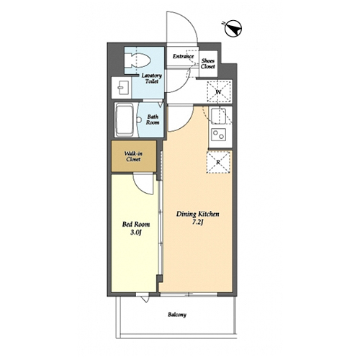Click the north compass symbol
233,29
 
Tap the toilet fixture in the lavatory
140,60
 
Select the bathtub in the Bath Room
125,120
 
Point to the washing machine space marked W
218,92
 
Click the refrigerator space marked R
218,162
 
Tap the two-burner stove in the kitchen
219,135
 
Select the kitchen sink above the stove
218,116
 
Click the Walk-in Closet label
133,156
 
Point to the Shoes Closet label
208,63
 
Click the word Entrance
183,56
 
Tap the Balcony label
177,315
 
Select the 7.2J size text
197,222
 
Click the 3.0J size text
135,233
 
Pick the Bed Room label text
136,225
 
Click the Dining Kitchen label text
197,214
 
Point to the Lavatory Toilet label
152,78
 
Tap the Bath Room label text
153,120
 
